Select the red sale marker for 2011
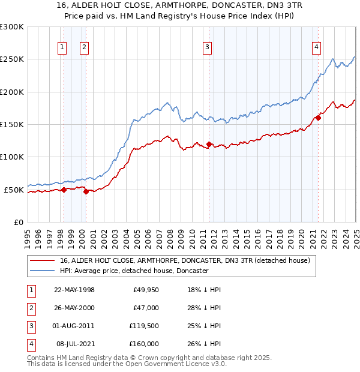(x=209, y=144)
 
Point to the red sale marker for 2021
(x=318, y=118)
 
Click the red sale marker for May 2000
(x=86, y=192)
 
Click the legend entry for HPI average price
(x=134, y=271)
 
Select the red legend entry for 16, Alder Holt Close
(x=185, y=261)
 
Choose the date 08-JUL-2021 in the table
(x=74, y=344)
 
